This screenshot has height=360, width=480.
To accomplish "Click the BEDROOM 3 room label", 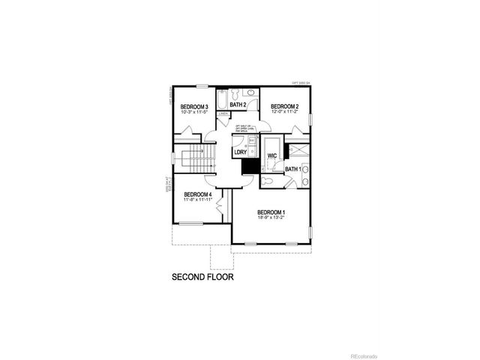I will (x=194, y=106).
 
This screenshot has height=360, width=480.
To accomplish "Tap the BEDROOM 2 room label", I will (x=285, y=106).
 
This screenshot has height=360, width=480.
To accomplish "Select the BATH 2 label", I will (x=238, y=105).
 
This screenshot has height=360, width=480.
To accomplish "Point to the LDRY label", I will (x=240, y=152).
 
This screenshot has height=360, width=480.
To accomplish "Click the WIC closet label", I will (x=273, y=156).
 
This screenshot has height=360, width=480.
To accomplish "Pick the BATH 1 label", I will (x=293, y=169).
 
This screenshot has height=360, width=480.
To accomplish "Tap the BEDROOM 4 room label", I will (x=198, y=194).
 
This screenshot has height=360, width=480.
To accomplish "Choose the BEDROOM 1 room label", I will (x=271, y=212).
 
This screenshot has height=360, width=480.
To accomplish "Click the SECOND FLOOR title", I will (x=202, y=277).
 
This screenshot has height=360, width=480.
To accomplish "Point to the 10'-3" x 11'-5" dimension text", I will (x=194, y=112).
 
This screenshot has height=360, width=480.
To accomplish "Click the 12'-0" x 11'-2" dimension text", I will (x=285, y=112).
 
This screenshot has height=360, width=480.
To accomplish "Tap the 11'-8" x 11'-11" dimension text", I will (x=198, y=200).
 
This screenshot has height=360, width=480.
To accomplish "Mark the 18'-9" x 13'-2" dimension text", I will (x=271, y=218).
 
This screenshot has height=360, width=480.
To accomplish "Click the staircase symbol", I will (x=196, y=158).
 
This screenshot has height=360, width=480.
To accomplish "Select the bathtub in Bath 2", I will (x=223, y=99).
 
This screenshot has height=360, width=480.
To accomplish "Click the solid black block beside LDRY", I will (x=247, y=165).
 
